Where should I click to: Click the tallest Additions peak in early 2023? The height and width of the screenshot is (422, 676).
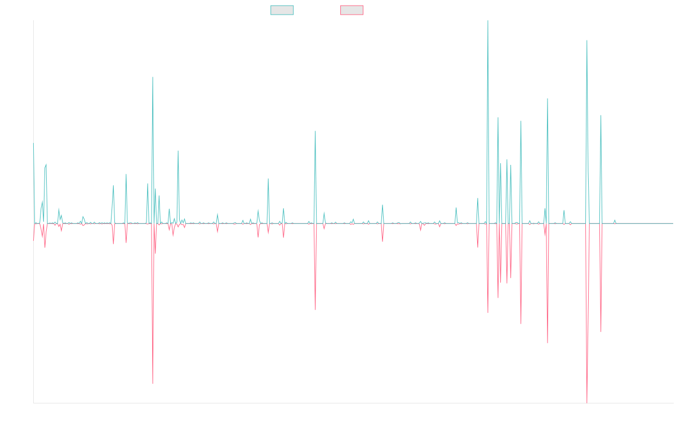point(487,21)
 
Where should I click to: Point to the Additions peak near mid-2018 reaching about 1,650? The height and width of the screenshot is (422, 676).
point(153,77)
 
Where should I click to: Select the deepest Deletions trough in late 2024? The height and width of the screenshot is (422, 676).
point(587,402)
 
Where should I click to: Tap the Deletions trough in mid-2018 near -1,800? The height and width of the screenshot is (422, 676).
point(153,384)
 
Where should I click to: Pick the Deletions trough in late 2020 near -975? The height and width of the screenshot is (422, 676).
point(315,309)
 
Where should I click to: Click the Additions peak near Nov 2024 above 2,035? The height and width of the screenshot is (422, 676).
point(587,41)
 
